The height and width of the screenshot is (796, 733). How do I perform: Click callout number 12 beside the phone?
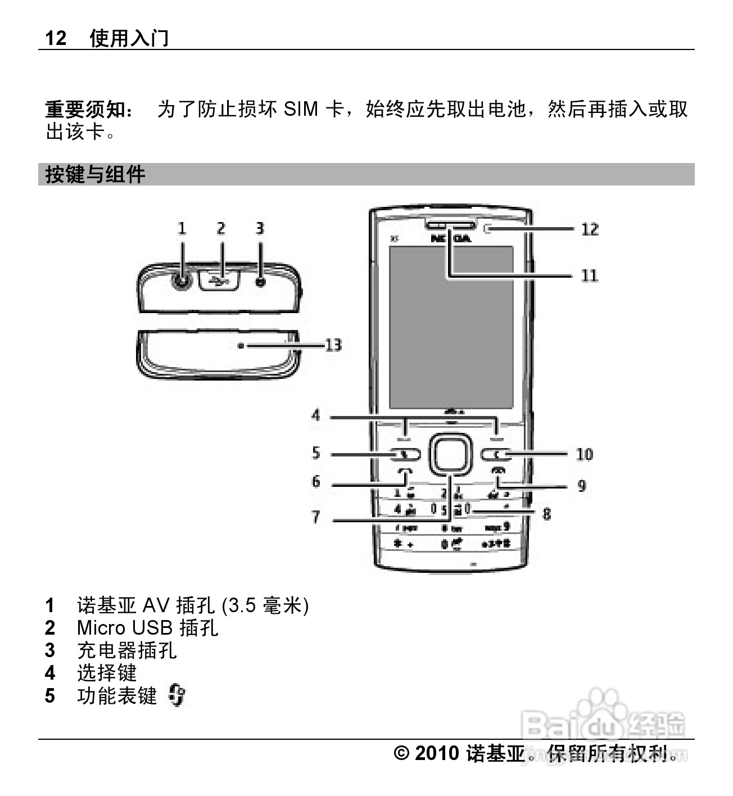(x=590, y=229)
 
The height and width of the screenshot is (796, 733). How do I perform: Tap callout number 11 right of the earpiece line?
(x=589, y=275)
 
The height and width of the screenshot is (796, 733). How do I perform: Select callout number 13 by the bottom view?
(x=333, y=345)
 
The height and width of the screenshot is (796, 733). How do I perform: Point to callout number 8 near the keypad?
(x=546, y=513)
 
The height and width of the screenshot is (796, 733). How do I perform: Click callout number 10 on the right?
(x=584, y=454)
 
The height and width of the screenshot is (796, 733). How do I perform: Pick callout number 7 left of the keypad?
(x=316, y=517)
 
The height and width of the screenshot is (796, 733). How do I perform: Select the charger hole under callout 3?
(x=260, y=282)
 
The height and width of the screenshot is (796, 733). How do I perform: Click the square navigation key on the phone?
(x=450, y=453)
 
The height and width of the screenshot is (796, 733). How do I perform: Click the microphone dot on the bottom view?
(x=241, y=346)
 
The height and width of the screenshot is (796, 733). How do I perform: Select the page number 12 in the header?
(x=56, y=38)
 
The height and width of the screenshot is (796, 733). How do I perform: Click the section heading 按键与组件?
(x=96, y=174)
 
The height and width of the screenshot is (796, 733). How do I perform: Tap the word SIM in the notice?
(x=301, y=109)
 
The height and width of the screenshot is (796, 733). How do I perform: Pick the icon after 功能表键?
(x=177, y=696)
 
